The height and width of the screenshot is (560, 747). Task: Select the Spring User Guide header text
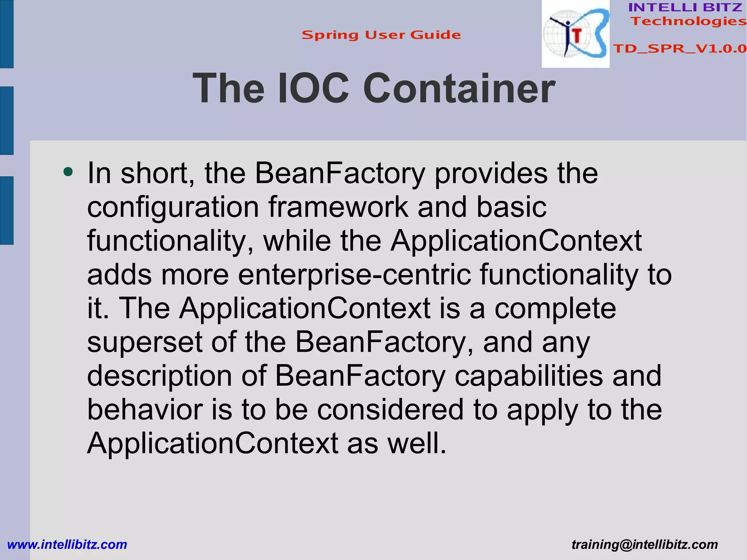click(381, 35)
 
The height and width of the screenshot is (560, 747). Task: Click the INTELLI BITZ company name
click(685, 7)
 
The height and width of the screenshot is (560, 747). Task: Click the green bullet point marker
click(68, 171)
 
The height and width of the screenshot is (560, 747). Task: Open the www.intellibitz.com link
click(67, 544)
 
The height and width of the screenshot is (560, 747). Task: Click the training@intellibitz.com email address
click(645, 544)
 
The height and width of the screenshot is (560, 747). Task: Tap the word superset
click(145, 342)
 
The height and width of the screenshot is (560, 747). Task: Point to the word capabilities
click(529, 376)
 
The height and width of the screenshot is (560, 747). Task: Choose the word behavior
click(145, 410)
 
